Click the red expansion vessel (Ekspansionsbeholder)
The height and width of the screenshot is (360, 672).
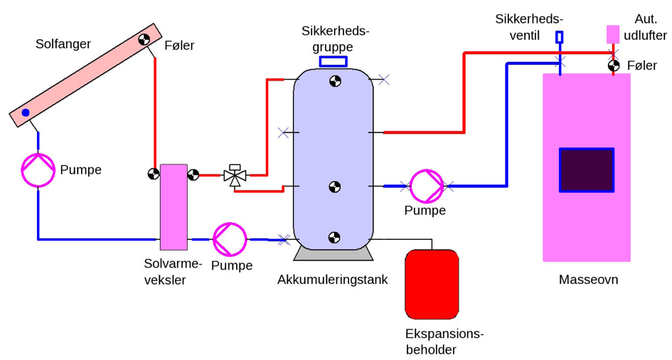tap(432, 284)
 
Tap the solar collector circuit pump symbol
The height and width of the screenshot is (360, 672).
tap(38, 170)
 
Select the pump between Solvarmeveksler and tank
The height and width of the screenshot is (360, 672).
tap(230, 239)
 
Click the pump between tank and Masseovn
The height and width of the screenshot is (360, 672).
tap(427, 186)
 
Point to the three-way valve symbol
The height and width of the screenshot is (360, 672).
tap(235, 174)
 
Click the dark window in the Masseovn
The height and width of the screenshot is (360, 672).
tap(586, 170)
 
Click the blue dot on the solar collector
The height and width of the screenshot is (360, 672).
tap(26, 112)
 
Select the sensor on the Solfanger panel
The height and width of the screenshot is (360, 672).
tap(145, 40)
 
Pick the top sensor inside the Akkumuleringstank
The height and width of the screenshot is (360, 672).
tap(334, 82)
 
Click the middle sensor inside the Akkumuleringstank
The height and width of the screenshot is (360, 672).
tap(334, 187)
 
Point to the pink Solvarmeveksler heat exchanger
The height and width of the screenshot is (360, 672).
tap(174, 207)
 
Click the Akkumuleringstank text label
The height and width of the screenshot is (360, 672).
tap(333, 280)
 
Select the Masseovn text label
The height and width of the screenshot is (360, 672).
tap(588, 280)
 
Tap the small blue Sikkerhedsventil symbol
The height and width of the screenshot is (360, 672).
tap(559, 37)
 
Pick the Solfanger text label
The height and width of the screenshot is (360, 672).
tap(63, 44)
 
